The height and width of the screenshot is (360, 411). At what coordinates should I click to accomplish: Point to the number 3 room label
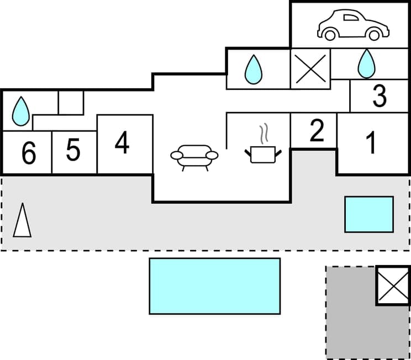[x=379, y=97]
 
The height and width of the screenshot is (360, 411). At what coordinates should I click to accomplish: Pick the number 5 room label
[x=73, y=151]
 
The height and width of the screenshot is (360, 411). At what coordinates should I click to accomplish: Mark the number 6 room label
[x=28, y=153]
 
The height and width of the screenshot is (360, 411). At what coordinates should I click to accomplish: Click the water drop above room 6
[x=20, y=110]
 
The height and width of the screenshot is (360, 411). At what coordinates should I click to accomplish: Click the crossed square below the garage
[x=310, y=68]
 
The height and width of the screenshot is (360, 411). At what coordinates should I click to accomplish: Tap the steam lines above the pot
[x=264, y=133]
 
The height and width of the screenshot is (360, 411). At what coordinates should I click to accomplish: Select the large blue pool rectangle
[x=214, y=286]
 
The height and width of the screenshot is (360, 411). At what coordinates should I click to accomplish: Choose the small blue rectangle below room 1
[x=369, y=214]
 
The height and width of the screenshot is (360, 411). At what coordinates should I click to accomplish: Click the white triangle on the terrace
[x=22, y=221]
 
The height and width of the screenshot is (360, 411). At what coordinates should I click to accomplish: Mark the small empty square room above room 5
[x=71, y=103]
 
